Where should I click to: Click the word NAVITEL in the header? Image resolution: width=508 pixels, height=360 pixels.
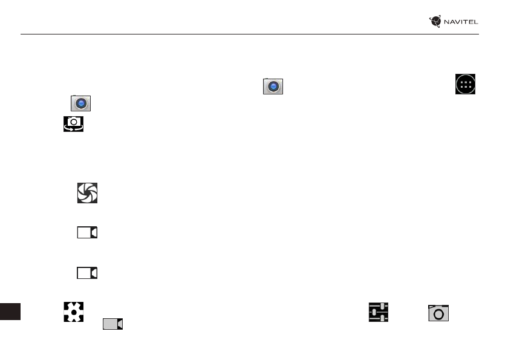point(461,22)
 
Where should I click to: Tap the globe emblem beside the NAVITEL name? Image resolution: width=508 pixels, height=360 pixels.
point(435,22)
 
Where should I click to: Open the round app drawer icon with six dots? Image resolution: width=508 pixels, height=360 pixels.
point(466,85)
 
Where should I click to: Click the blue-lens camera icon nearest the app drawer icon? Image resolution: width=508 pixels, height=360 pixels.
point(273,87)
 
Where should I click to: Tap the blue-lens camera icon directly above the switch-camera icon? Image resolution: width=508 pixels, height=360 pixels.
point(81,103)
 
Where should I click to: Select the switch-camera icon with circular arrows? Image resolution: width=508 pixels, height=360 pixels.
point(73,124)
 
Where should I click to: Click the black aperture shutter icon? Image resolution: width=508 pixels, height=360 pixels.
point(87,193)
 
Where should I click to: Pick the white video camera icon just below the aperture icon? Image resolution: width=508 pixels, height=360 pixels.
point(87,232)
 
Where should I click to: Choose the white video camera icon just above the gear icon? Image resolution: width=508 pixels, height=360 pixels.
point(87,273)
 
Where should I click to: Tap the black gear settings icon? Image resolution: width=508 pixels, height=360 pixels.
point(73,313)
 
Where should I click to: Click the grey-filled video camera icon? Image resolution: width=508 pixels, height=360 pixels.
point(112,324)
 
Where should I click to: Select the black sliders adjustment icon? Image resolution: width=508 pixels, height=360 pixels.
point(379,313)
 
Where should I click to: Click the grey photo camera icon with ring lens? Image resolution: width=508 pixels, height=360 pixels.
point(438,313)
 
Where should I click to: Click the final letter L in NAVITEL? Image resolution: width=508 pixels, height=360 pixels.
point(476,22)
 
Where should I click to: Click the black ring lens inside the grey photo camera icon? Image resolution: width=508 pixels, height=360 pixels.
point(438,315)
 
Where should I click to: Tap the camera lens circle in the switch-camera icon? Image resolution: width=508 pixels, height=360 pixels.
point(73,122)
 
